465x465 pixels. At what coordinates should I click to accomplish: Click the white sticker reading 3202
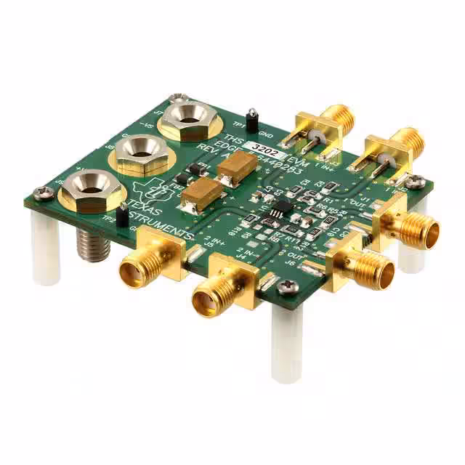(259, 145)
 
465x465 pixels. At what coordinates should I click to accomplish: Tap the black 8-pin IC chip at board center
(278, 210)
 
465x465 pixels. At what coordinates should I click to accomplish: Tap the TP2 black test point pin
(123, 214)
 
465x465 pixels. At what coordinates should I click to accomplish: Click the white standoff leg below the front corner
(286, 341)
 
